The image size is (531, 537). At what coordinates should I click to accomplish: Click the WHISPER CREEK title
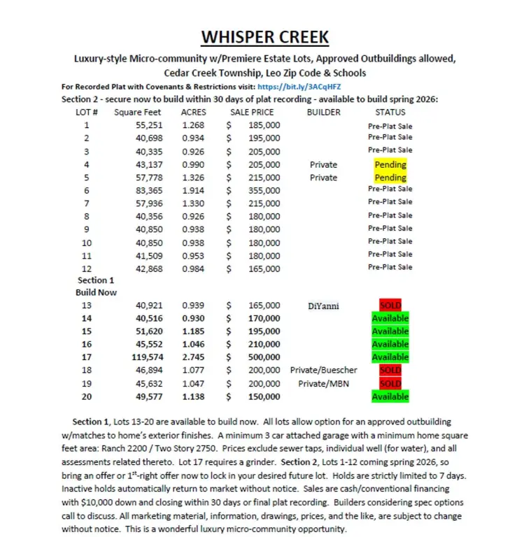coord(265,37)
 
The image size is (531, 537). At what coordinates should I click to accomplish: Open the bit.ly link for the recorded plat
coord(299,86)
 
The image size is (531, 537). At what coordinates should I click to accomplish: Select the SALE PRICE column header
coord(252,112)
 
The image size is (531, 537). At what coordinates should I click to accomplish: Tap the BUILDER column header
coord(323,112)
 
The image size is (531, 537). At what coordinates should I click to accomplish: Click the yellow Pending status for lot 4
coord(390,165)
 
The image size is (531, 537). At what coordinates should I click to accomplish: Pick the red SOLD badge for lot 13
coord(390,306)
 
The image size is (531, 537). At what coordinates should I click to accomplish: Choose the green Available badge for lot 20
coord(390,396)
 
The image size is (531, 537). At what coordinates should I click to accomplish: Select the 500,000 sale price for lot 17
coord(264,357)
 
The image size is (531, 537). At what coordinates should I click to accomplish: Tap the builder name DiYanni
coord(323,306)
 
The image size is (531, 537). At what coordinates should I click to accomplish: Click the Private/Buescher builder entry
coord(323,370)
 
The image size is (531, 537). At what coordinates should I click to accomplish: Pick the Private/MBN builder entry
coord(323,383)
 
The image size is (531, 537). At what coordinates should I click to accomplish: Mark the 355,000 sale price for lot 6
coord(264,190)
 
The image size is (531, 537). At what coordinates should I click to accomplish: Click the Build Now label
coord(97,292)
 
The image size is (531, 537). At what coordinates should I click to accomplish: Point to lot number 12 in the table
coord(87,267)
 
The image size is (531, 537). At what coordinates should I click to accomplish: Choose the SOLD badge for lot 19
coord(390,383)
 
